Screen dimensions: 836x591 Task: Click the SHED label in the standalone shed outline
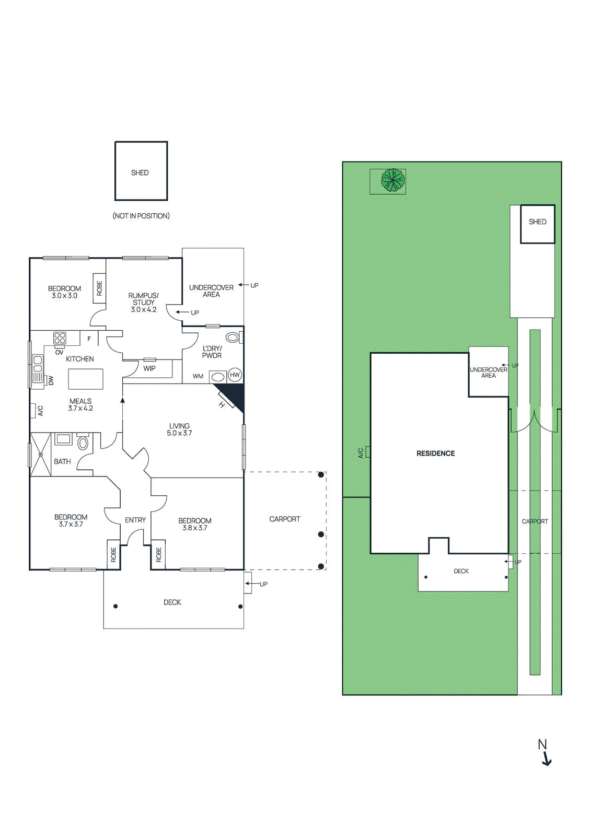(140, 173)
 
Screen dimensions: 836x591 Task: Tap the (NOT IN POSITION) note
(141, 216)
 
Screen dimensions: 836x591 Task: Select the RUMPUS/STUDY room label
(143, 299)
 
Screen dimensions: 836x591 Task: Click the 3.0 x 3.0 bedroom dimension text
(64, 296)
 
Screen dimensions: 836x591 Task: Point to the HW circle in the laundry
(235, 375)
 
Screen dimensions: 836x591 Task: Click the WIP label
(149, 368)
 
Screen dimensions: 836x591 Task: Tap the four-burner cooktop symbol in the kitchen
(60, 338)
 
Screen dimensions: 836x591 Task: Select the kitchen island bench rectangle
(86, 379)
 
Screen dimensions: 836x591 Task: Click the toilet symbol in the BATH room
(83, 443)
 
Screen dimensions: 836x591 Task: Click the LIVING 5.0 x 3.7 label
(179, 429)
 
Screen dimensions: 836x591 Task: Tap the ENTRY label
(135, 520)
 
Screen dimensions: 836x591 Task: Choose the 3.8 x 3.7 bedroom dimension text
(194, 528)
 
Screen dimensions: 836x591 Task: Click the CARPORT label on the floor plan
(285, 519)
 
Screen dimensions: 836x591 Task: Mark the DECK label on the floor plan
(172, 602)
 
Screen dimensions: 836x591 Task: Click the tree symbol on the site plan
(393, 180)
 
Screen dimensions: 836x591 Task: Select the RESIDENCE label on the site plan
(435, 454)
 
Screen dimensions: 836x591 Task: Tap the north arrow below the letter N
(547, 760)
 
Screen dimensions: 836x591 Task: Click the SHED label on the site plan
(537, 222)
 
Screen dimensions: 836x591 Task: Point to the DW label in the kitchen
(51, 381)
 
